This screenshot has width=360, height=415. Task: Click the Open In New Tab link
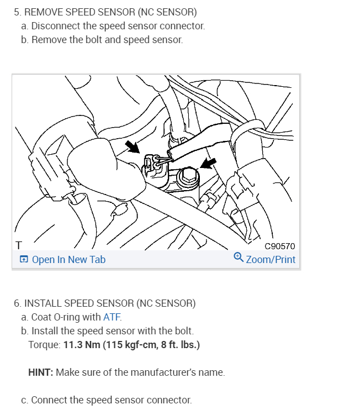pos(68,260)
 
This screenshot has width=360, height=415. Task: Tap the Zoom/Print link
pos(271,260)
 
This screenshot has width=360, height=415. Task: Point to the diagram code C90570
pos(280,246)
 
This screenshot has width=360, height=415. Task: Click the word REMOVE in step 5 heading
pos(44,12)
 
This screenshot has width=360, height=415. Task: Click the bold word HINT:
pos(41,372)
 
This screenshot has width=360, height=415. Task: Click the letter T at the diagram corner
pos(19,245)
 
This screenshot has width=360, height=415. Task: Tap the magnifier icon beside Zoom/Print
pos(239,257)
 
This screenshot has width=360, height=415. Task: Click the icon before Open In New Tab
pos(24,260)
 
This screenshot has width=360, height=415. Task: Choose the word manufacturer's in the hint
pos(162,372)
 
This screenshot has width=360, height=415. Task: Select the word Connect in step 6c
pos(50,400)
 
